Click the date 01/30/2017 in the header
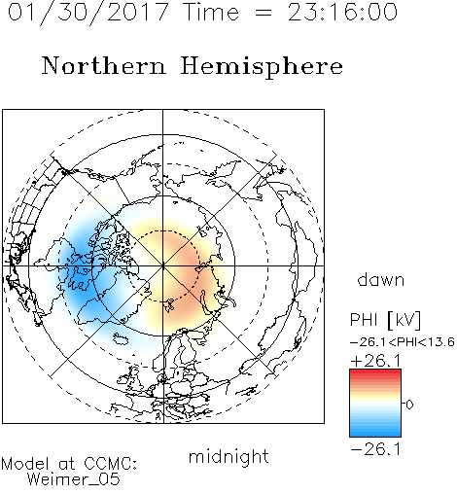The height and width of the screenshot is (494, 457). click(88, 13)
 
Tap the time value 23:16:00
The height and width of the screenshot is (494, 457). click(342, 12)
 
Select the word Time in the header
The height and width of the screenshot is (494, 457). click(211, 12)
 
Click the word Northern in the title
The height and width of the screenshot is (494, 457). click(104, 65)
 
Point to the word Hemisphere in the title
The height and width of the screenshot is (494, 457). click(262, 67)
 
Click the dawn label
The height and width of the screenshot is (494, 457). click(381, 279)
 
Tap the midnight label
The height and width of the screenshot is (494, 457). click(228, 456)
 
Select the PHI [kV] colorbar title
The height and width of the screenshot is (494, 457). click(385, 320)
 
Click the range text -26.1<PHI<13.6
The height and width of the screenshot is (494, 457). click(403, 342)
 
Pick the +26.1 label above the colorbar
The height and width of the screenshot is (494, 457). click(375, 361)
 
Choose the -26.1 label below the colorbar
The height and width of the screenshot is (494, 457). click(375, 449)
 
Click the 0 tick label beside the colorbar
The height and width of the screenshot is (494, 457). click(409, 405)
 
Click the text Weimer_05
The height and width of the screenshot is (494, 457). click(74, 479)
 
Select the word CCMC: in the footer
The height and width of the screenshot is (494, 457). click(110, 464)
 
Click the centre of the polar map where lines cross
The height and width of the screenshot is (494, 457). click(163, 266)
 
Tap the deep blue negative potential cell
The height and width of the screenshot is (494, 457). click(81, 272)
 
